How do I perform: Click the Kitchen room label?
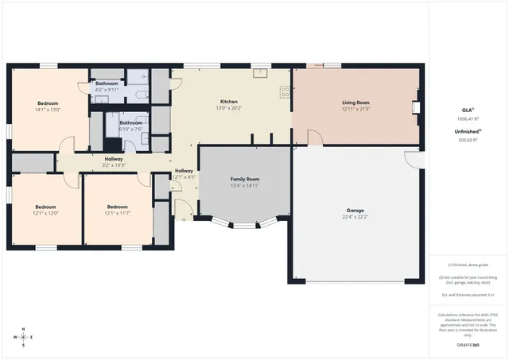(x=229, y=103)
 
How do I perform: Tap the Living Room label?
(x=356, y=103)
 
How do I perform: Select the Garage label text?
(x=356, y=211)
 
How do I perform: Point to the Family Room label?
(x=245, y=180)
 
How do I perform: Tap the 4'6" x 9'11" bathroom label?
(x=107, y=86)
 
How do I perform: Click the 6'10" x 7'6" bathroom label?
(x=131, y=125)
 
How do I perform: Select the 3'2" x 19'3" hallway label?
(x=114, y=161)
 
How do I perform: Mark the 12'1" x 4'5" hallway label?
(x=184, y=173)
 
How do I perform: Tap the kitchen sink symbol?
(x=260, y=73)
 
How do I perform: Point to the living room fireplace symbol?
(x=415, y=107)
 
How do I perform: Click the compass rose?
(x=24, y=337)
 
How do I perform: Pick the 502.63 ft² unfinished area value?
(x=468, y=140)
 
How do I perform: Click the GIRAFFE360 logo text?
(x=468, y=345)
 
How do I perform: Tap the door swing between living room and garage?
(x=316, y=138)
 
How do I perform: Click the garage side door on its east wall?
(x=414, y=157)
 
